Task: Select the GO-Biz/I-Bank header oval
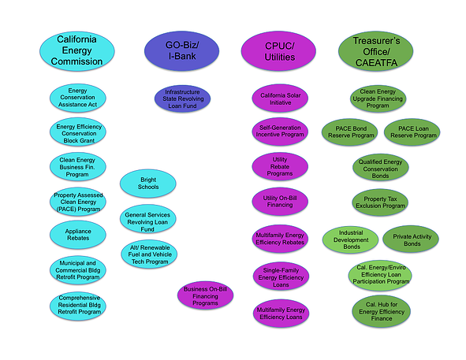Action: [x=181, y=50]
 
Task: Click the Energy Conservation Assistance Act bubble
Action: [x=77, y=98]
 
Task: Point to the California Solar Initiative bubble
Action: [x=280, y=98]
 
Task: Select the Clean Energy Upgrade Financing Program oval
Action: [x=377, y=98]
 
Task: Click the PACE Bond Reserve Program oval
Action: [x=349, y=132]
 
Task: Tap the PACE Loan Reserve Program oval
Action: [x=411, y=132]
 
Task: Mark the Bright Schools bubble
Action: [x=148, y=184]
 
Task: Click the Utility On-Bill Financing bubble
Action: [x=280, y=201]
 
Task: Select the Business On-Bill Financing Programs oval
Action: [x=206, y=296]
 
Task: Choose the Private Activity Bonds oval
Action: [x=410, y=239]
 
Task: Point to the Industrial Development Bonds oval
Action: [x=350, y=239]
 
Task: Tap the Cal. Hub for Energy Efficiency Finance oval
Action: [x=379, y=308]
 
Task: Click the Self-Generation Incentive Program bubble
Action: [x=280, y=131]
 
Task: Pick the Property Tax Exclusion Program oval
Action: [x=379, y=203]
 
